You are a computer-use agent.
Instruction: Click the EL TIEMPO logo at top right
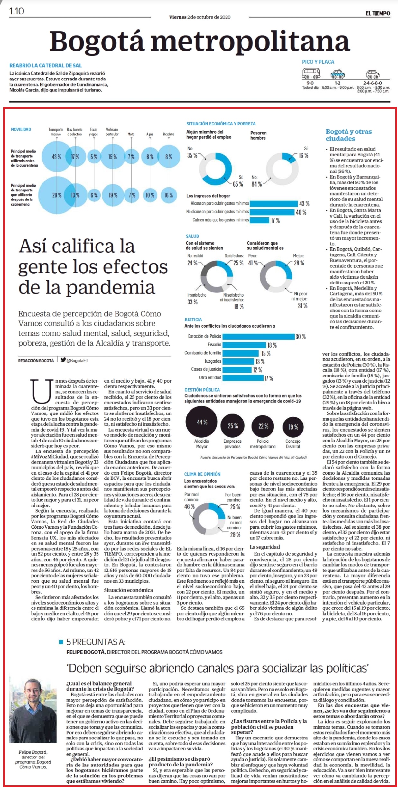pos(377,13)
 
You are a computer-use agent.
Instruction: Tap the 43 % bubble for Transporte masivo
pos(57,157)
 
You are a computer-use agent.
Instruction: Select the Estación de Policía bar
pos(259,336)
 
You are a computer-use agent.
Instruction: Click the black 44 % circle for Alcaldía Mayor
pos(201,422)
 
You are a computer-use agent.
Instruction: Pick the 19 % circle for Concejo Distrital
pos(293,427)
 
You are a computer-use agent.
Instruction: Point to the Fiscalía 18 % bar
pos(244,345)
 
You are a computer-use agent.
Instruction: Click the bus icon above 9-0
pos(311,74)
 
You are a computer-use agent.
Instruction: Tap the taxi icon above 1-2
pos(338,74)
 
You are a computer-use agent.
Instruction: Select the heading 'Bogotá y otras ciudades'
pos(349,135)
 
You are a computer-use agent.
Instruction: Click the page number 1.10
pos(16,11)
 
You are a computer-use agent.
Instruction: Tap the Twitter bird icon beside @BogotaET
pos(63,360)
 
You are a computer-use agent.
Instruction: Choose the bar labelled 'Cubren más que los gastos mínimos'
pos(259,220)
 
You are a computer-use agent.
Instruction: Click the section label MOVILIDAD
pos(21,129)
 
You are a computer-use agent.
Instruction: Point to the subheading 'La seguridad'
pos(264,547)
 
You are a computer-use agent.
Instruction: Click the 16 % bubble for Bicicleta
pos(169,195)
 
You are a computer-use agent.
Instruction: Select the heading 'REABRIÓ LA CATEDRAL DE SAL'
pos(46,65)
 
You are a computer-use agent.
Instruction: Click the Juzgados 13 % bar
pos(238,361)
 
